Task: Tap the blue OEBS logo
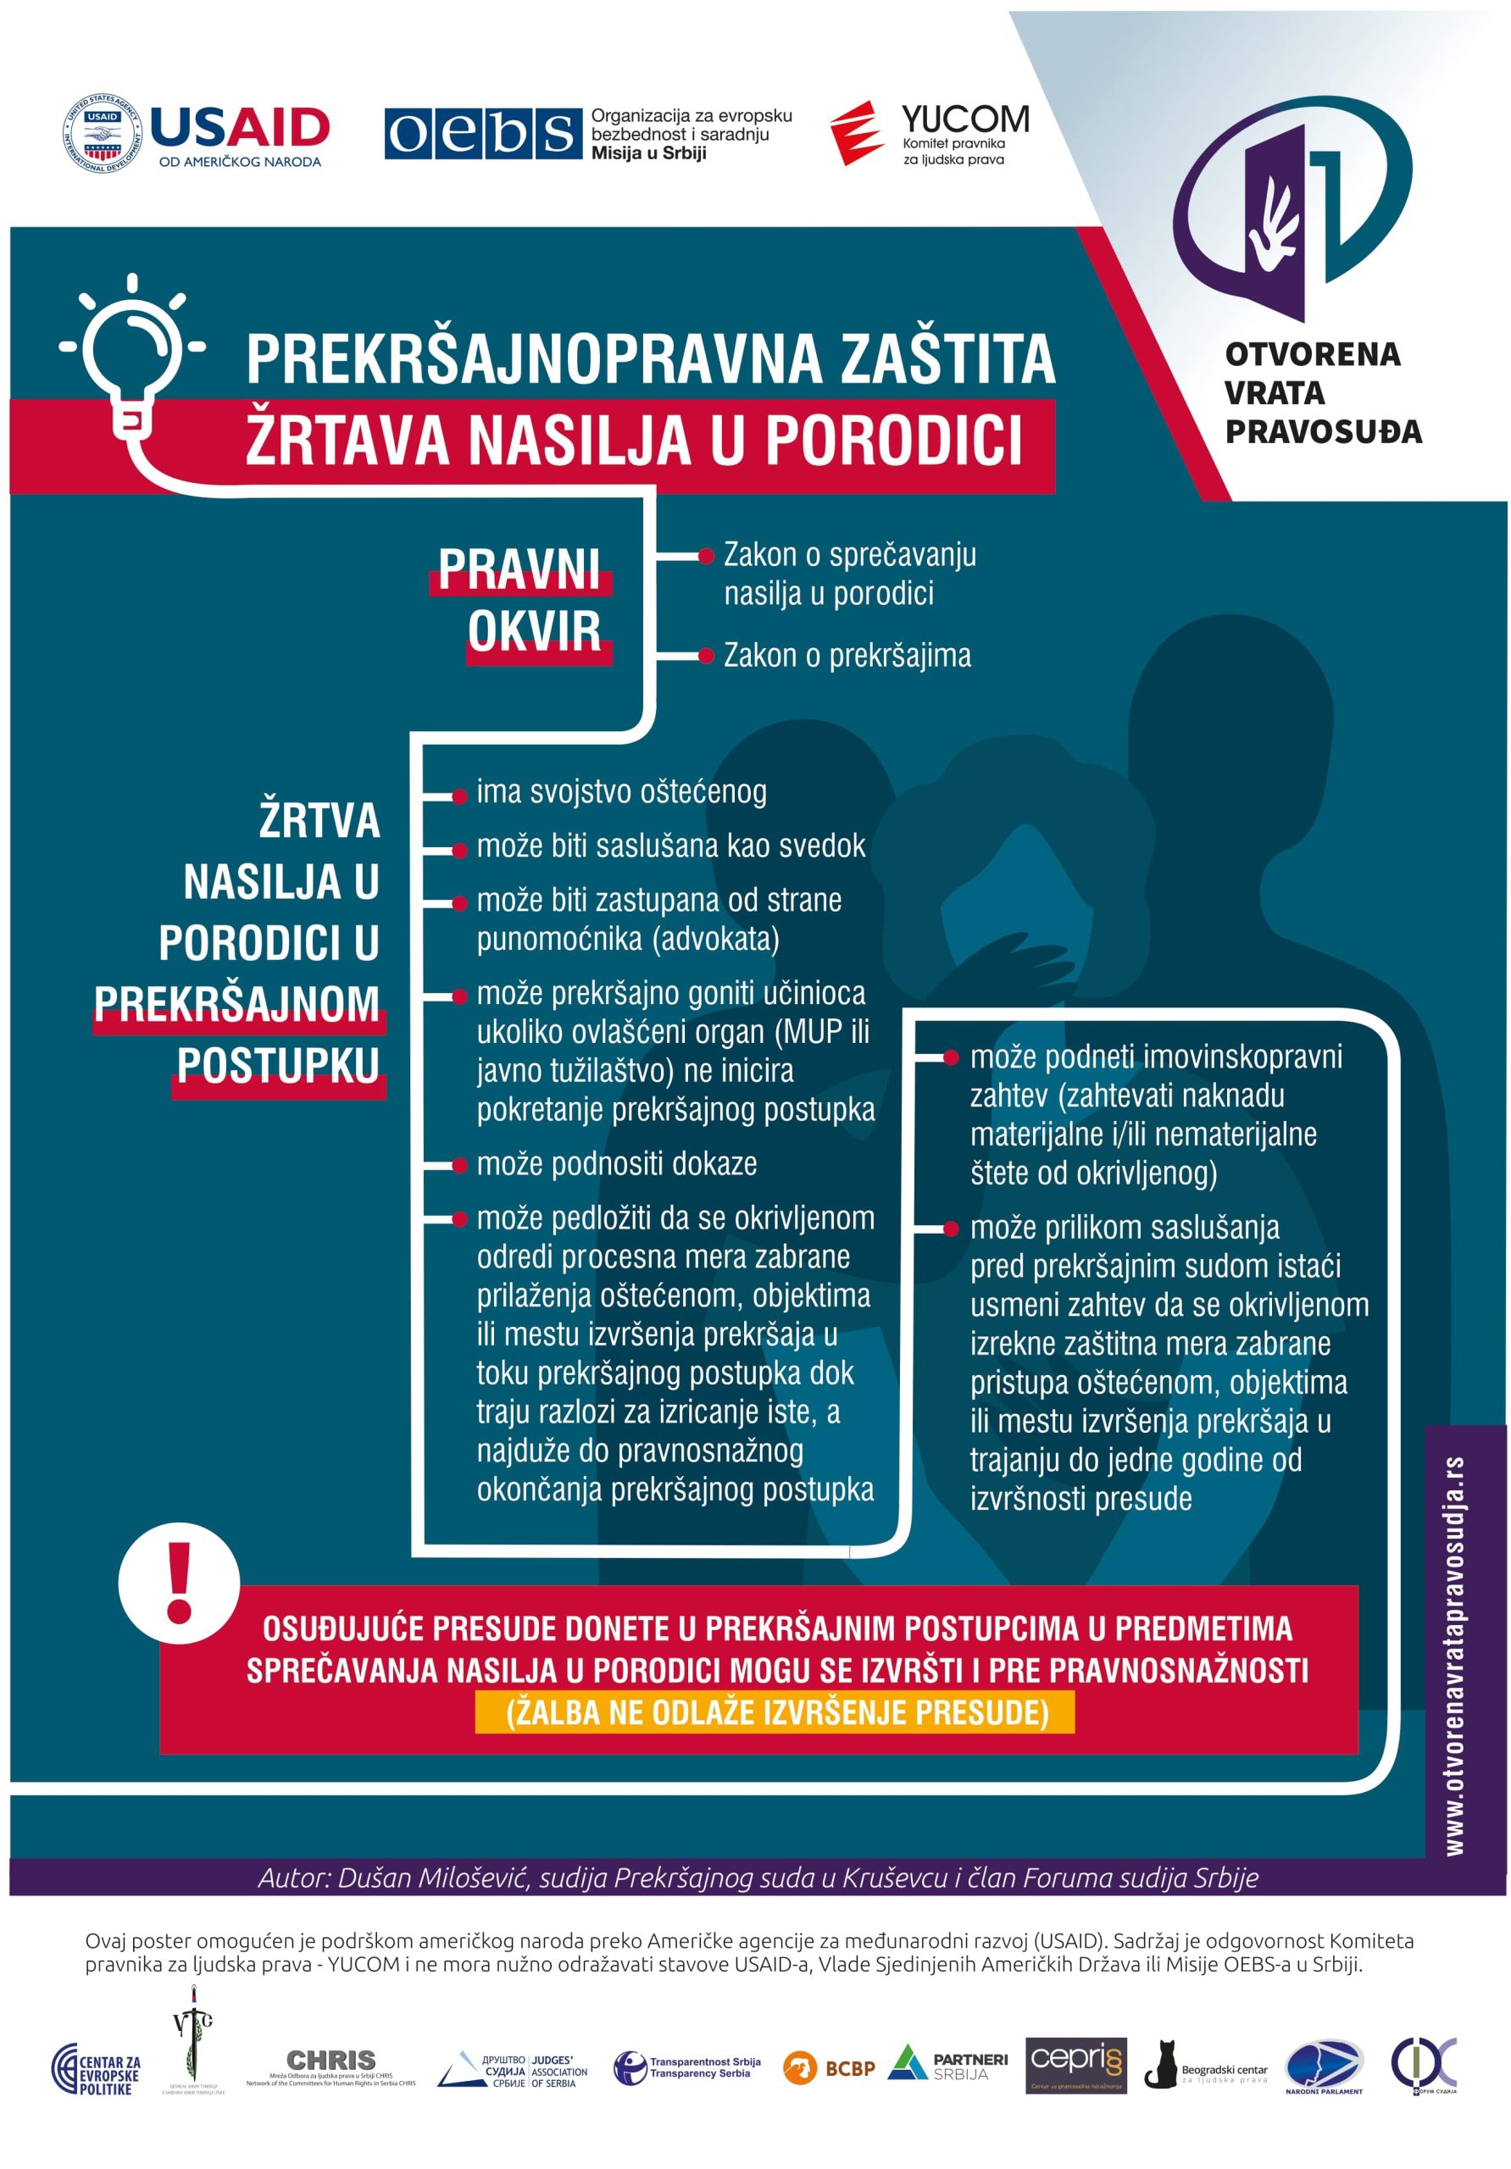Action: (x=482, y=133)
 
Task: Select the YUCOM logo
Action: (x=930, y=132)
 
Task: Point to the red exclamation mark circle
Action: (x=179, y=1584)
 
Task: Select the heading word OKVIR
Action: (x=534, y=630)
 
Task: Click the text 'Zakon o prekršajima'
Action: (x=847, y=656)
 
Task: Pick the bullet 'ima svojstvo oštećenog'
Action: (x=621, y=791)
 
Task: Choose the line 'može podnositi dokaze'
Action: (x=616, y=1164)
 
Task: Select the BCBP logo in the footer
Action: (x=828, y=2068)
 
